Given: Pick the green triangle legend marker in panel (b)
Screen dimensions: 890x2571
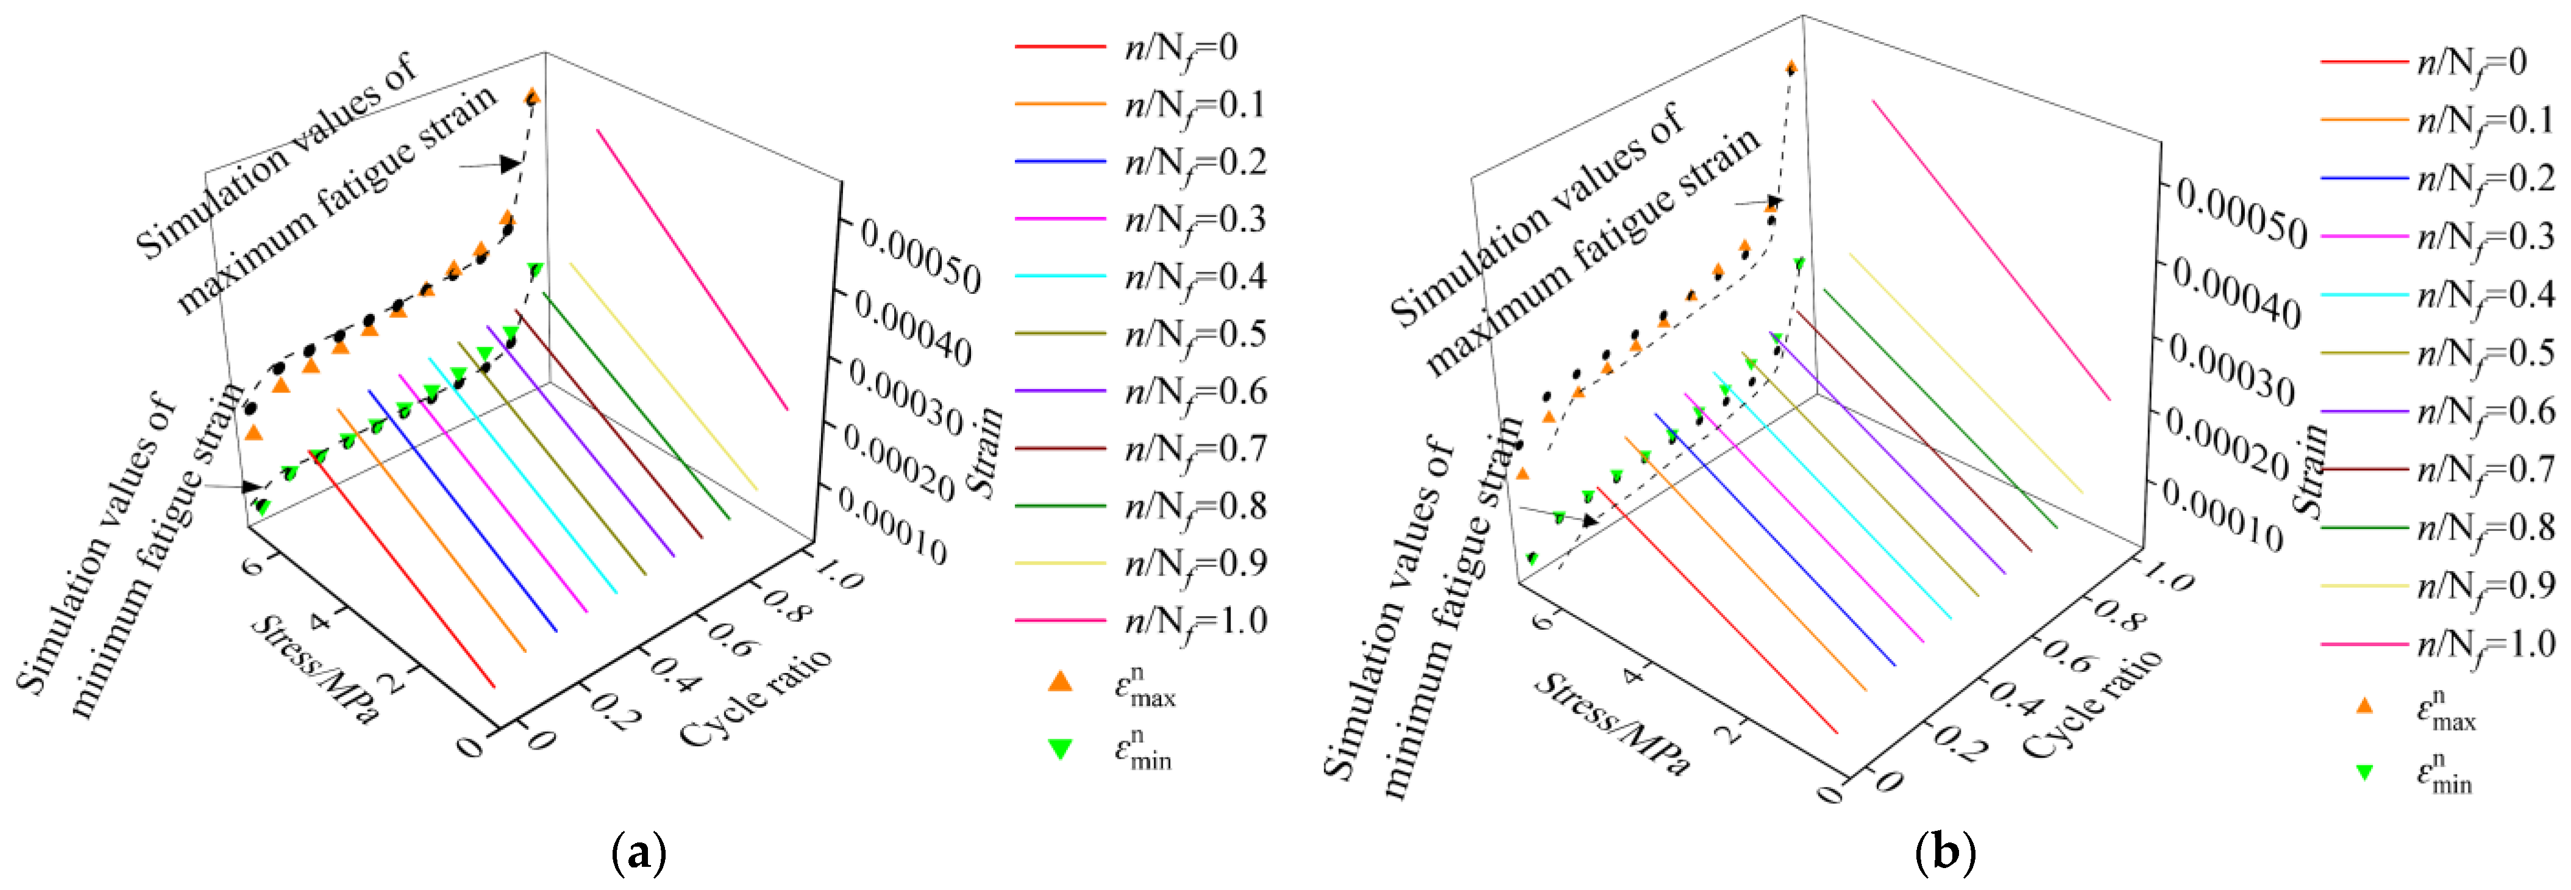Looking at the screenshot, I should tap(2363, 771).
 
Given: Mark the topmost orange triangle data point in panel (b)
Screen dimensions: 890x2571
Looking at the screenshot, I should tap(1791, 68).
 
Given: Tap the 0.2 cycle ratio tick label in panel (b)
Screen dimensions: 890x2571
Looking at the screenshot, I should tap(1959, 742).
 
